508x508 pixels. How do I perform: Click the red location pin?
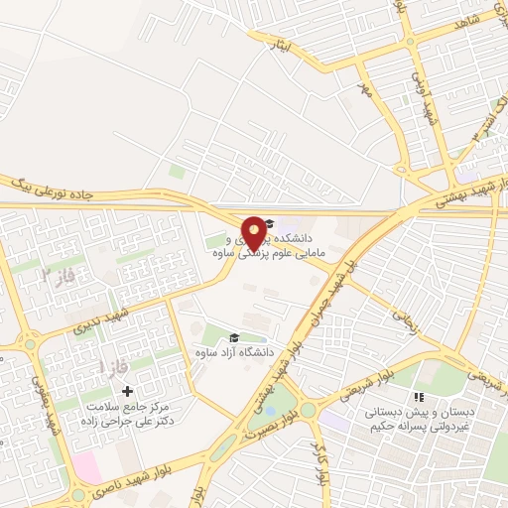click(254, 233)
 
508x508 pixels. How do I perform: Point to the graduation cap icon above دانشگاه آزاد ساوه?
click(234, 338)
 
